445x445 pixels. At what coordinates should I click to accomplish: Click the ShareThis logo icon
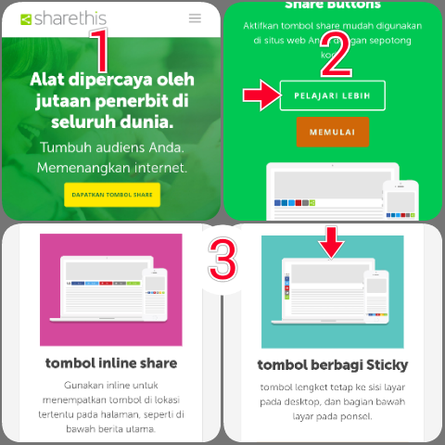pos(25,19)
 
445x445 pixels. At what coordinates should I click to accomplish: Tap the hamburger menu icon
pos(195,18)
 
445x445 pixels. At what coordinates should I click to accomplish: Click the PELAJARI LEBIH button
pos(332,95)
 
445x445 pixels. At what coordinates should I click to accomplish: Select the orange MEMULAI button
pos(332,133)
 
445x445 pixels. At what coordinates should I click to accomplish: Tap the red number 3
pos(222,258)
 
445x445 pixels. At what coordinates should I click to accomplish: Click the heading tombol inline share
pos(111,362)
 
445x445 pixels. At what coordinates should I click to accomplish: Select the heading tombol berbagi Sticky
pos(332,364)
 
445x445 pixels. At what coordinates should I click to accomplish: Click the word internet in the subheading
pos(156,168)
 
